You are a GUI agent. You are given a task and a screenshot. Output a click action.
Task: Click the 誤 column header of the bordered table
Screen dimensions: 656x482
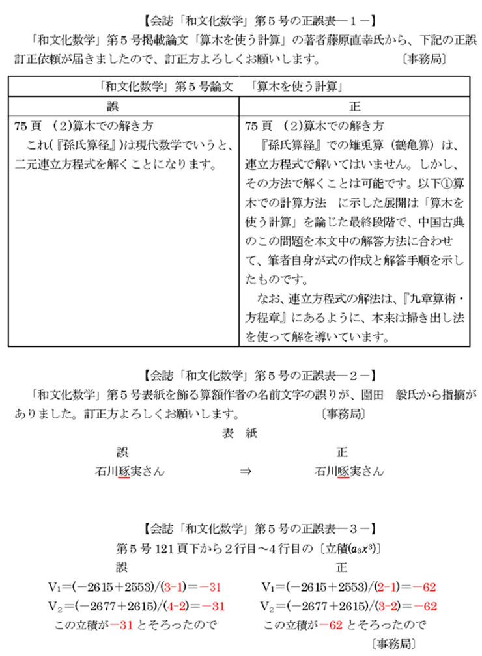(x=124, y=105)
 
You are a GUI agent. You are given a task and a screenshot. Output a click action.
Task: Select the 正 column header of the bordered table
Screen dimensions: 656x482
(x=355, y=105)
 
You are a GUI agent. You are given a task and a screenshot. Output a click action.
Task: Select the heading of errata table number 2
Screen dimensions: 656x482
(x=242, y=375)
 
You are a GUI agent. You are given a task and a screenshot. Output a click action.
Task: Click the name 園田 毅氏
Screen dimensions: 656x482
(x=397, y=394)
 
